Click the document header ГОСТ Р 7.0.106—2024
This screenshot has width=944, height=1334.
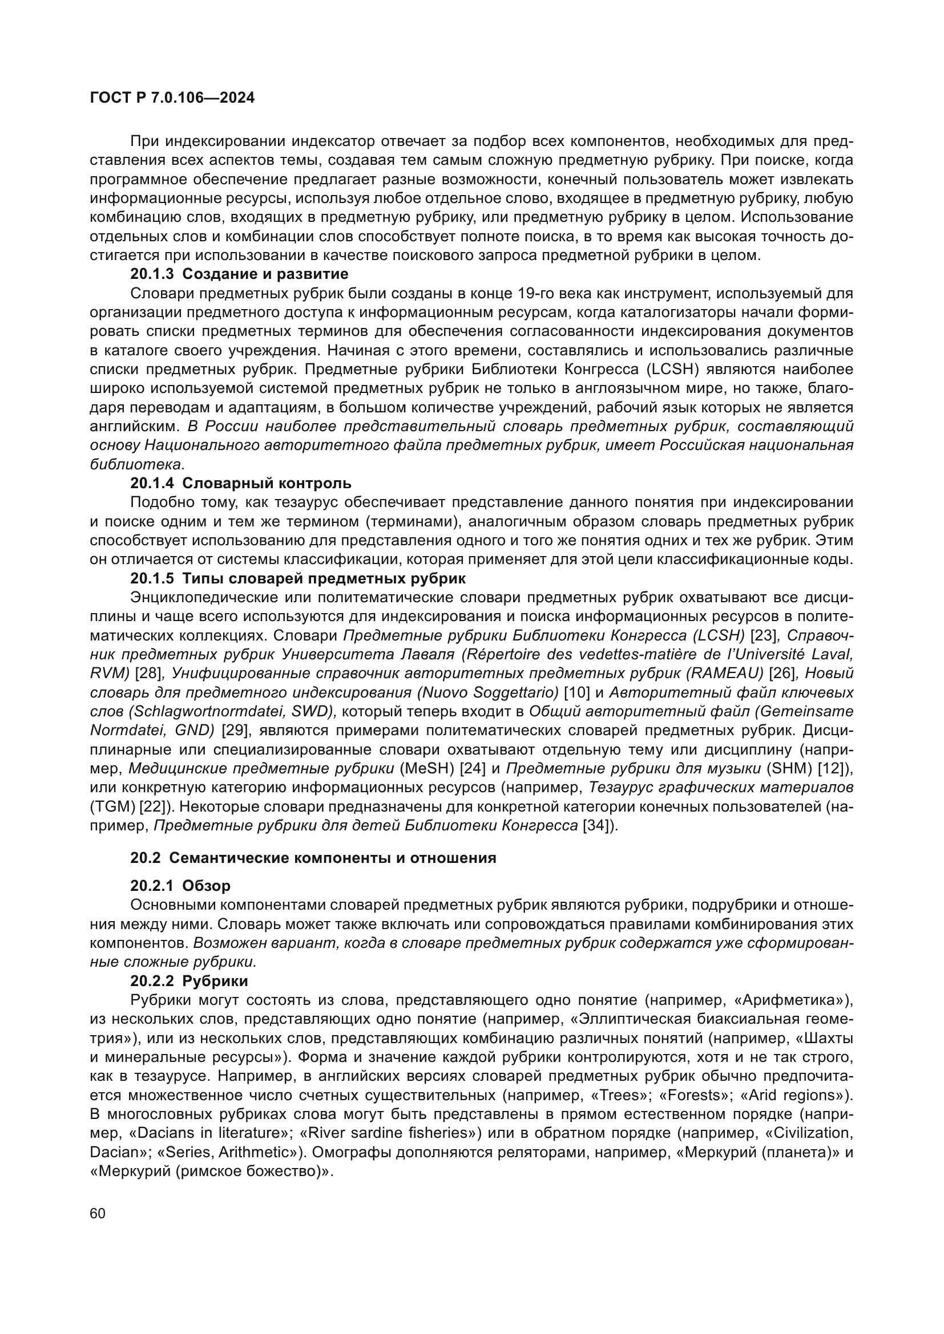click(x=172, y=98)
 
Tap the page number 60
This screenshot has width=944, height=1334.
click(x=98, y=1213)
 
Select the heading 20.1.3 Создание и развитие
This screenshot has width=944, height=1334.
click(x=239, y=274)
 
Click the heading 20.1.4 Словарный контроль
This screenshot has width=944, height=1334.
click(x=241, y=483)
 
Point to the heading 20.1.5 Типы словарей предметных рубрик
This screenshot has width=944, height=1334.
click(x=297, y=578)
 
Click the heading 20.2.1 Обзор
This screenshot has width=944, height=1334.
click(x=180, y=886)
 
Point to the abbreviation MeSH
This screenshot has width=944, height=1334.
click(x=427, y=769)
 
